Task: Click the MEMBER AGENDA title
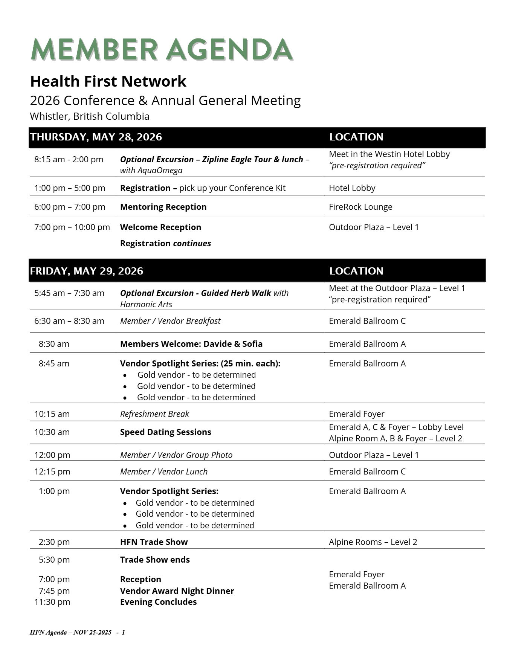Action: [162, 49]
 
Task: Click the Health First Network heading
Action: [108, 81]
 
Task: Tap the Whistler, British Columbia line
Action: [90, 116]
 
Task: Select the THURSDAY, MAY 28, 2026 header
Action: [96, 137]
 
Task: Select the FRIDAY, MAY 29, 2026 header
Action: [87, 271]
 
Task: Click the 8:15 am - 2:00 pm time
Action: [69, 159]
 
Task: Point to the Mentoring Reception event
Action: [163, 207]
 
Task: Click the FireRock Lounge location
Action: [360, 207]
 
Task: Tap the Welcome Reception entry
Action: [160, 227]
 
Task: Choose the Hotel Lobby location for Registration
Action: [352, 188]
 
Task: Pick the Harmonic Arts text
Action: [146, 304]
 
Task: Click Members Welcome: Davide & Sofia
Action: [191, 344]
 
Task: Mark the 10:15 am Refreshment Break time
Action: [52, 414]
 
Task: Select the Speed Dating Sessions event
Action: [165, 432]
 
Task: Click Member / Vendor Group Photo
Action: [176, 455]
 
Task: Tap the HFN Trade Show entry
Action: [154, 542]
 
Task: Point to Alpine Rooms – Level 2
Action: [373, 542]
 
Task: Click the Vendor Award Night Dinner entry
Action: [177, 591]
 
